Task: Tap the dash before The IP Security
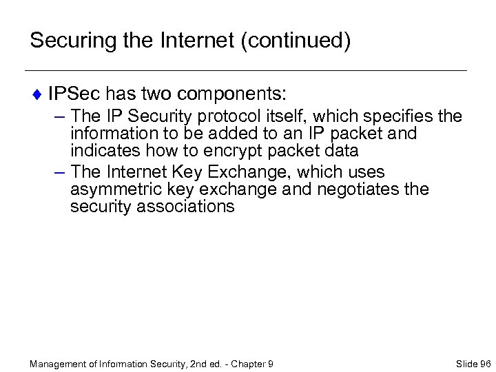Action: click(x=58, y=114)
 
